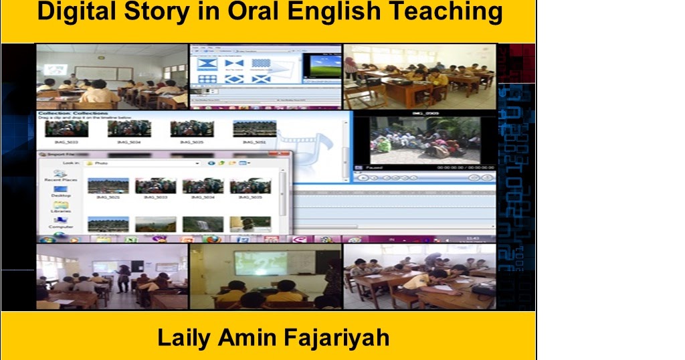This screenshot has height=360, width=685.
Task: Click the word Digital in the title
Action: [x=72, y=11]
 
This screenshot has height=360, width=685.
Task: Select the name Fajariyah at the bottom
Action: [x=336, y=338]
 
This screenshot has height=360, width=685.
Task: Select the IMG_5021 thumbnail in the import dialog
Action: [x=108, y=185]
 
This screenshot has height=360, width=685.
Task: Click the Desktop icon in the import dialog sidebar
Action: [x=61, y=189]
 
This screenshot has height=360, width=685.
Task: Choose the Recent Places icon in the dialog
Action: [x=61, y=174]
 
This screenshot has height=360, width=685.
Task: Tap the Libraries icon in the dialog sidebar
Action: [x=61, y=205]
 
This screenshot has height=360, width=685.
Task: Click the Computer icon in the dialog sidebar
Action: [x=61, y=221]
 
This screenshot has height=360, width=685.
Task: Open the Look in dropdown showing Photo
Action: [x=197, y=163]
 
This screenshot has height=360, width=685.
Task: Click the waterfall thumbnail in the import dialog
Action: [x=203, y=223]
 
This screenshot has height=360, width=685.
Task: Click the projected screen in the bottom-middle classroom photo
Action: [x=260, y=263]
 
